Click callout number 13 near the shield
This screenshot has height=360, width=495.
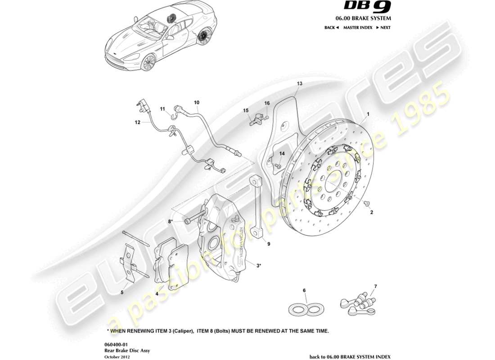click(x=300, y=84)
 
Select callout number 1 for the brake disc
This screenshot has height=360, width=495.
click(x=368, y=114)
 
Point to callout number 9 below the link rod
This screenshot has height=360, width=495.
click(x=268, y=244)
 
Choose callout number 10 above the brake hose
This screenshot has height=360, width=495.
click(x=196, y=103)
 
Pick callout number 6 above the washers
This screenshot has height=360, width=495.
click(x=304, y=290)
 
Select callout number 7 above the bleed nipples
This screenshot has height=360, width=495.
click(x=376, y=286)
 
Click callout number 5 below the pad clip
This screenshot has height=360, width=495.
click(x=121, y=292)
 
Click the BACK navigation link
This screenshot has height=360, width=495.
click(x=331, y=27)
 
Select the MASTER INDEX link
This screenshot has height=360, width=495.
click(x=358, y=27)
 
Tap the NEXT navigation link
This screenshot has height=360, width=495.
click(x=384, y=27)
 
